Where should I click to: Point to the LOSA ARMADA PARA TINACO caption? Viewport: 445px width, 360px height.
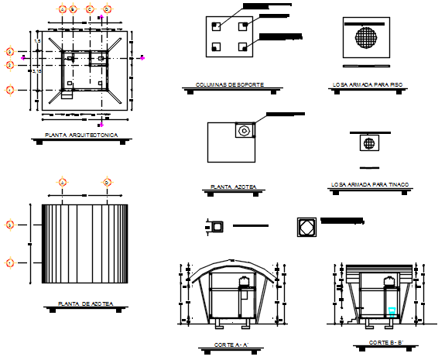[369, 185]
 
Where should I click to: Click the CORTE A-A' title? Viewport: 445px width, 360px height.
[231, 345]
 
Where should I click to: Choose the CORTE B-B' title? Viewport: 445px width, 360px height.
[385, 341]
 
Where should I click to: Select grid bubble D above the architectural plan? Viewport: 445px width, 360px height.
[108, 9]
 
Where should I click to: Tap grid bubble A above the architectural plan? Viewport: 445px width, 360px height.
[63, 9]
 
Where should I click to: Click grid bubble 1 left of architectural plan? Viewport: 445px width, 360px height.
[10, 90]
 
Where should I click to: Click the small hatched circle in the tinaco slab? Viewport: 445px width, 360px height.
[370, 143]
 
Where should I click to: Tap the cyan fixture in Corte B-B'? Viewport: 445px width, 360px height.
[392, 311]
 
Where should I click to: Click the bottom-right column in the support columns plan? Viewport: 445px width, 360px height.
[244, 47]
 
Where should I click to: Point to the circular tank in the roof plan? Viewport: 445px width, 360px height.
[245, 130]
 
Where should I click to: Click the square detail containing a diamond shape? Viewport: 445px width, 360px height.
[306, 227]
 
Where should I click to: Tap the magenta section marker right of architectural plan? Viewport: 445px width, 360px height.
[142, 57]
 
